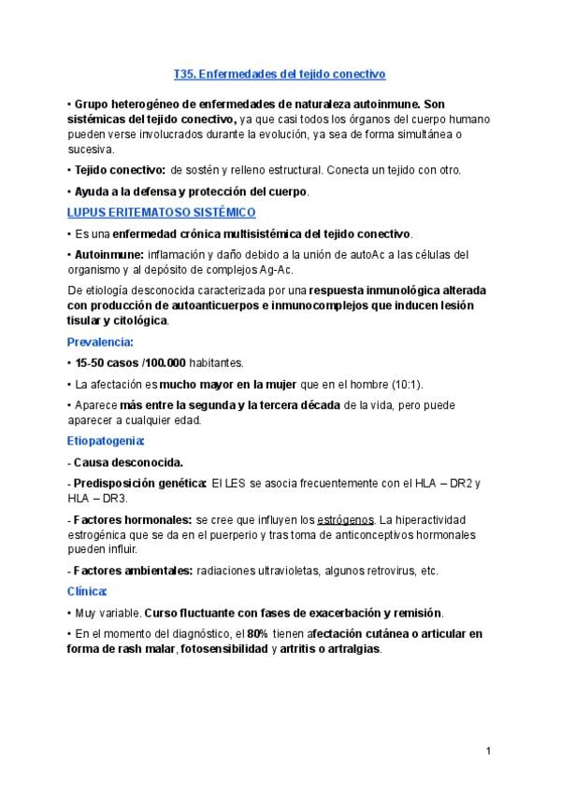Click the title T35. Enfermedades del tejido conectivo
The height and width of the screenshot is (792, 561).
pyautogui.click(x=280, y=72)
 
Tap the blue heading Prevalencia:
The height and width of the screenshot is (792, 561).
pyautogui.click(x=100, y=342)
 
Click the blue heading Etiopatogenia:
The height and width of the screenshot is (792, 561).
pyautogui.click(x=107, y=439)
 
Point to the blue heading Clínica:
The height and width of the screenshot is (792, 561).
pyautogui.click(x=88, y=591)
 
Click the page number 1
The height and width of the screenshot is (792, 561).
pyautogui.click(x=488, y=751)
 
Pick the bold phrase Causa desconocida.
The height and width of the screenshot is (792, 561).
pyautogui.click(x=128, y=461)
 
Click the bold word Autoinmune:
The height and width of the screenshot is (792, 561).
pyautogui.click(x=108, y=254)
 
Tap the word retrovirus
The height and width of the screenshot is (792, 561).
pyautogui.click(x=388, y=571)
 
